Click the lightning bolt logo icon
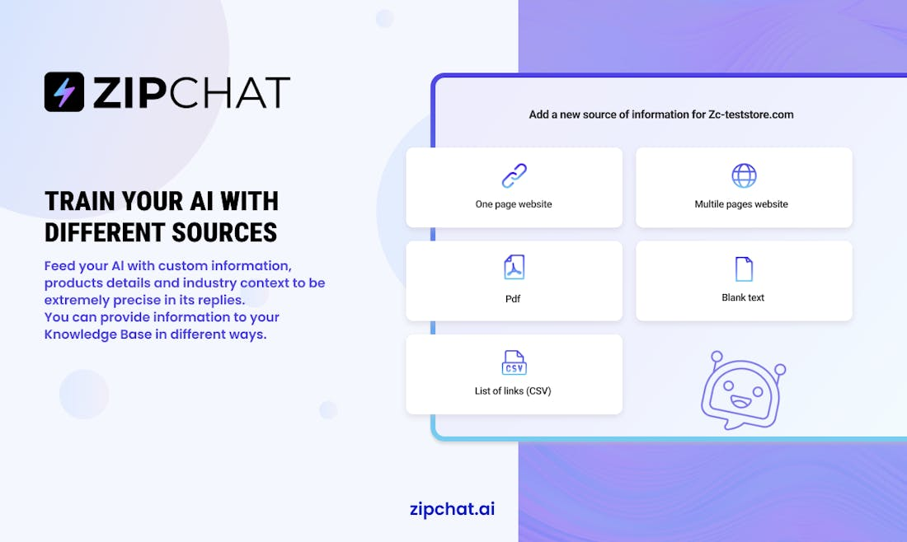[64, 92]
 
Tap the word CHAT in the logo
[230, 92]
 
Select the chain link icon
[514, 175]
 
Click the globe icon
[744, 175]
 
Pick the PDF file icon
[514, 267]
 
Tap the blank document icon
[744, 269]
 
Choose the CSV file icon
[514, 362]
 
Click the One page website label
[514, 204]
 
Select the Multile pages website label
[741, 204]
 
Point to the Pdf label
[513, 299]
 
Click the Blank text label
[743, 297]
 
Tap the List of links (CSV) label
[513, 391]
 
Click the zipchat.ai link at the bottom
[453, 508]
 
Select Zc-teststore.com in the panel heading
[751, 114]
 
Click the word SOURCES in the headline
[224, 232]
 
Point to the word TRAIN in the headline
[80, 201]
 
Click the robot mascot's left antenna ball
[717, 356]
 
